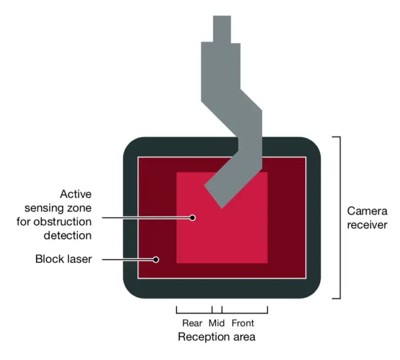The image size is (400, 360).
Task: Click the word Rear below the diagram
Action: click(x=192, y=323)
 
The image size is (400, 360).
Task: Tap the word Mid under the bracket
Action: click(x=216, y=323)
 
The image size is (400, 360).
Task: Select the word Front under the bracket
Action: click(x=243, y=323)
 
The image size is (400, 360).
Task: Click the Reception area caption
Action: click(x=217, y=337)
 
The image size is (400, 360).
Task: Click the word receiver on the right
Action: click(x=367, y=224)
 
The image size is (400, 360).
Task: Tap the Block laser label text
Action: click(x=63, y=259)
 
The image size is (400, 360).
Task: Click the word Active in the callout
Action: click(x=76, y=194)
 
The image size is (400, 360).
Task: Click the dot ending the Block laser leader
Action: click(x=156, y=259)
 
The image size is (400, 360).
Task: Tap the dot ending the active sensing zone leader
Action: click(x=192, y=218)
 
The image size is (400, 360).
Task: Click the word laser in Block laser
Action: click(x=78, y=259)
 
